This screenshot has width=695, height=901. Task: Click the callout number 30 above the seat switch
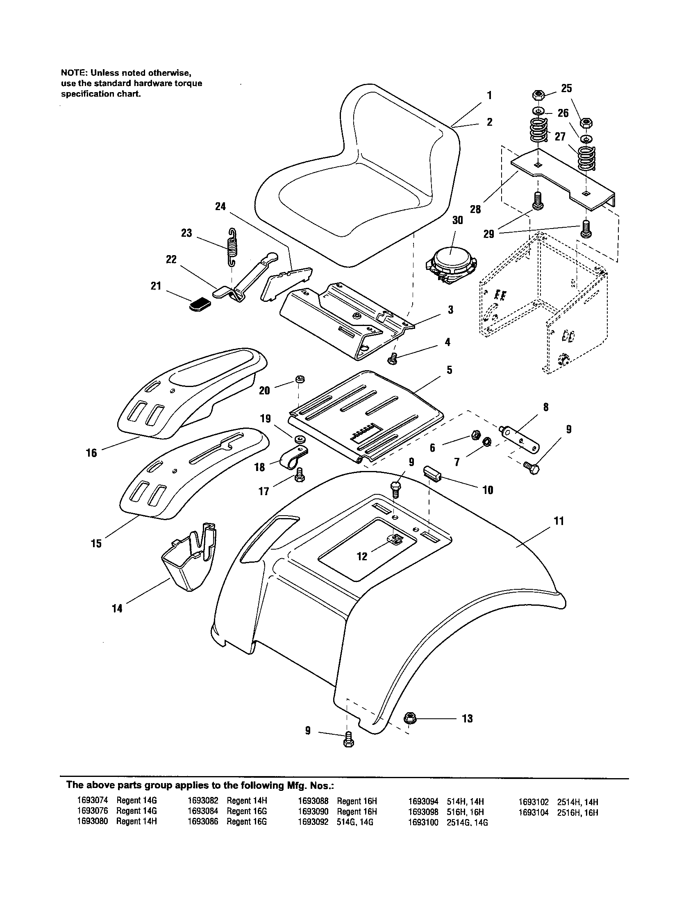pos(457,220)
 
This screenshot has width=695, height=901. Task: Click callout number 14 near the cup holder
pos(117,608)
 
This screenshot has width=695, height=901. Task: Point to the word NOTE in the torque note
pos(73,73)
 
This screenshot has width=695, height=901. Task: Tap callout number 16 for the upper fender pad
pos(92,453)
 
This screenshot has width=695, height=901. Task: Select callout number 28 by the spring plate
pos(475,209)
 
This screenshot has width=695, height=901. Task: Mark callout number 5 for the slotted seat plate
pos(449,370)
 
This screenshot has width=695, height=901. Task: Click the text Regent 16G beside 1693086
pos(246,833)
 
